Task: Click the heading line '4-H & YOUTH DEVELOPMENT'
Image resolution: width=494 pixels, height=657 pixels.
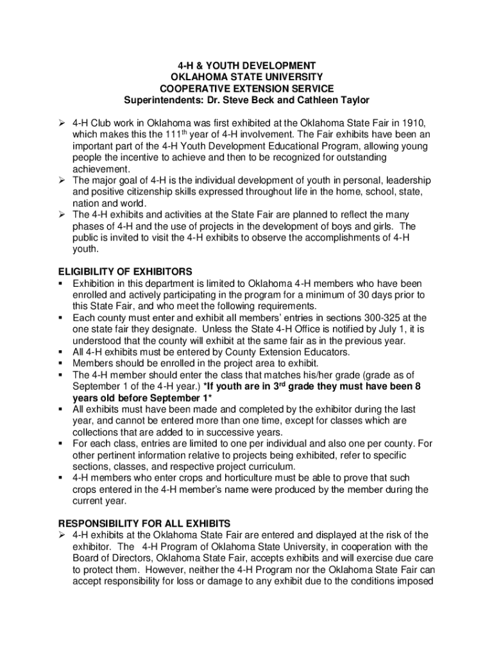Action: point(246,66)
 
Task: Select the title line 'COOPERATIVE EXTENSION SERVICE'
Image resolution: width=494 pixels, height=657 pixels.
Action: point(246,89)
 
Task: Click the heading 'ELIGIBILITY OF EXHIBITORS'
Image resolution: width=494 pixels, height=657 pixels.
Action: point(125,272)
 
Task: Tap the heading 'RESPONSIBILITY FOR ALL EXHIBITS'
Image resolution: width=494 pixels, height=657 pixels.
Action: point(144,524)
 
